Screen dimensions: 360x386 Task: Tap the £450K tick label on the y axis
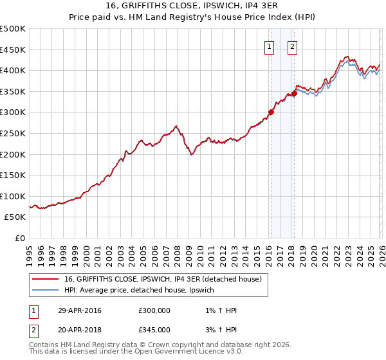tap(13, 50)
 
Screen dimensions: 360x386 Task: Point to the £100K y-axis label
tap(13, 196)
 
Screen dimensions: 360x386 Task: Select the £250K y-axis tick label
tap(13, 133)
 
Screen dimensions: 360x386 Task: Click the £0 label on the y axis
tap(19, 238)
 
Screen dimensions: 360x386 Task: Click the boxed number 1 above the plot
tap(268, 46)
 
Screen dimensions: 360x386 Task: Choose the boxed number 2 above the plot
tap(292, 46)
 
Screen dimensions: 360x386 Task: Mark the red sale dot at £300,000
tap(271, 112)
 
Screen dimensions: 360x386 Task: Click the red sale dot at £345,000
tap(293, 93)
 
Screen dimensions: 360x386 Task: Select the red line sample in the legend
tap(45, 280)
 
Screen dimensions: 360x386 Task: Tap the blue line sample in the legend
tap(45, 291)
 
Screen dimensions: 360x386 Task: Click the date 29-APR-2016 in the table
tap(80, 310)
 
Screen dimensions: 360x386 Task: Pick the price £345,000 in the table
tap(154, 329)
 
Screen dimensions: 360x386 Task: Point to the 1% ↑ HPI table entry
tap(219, 310)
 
